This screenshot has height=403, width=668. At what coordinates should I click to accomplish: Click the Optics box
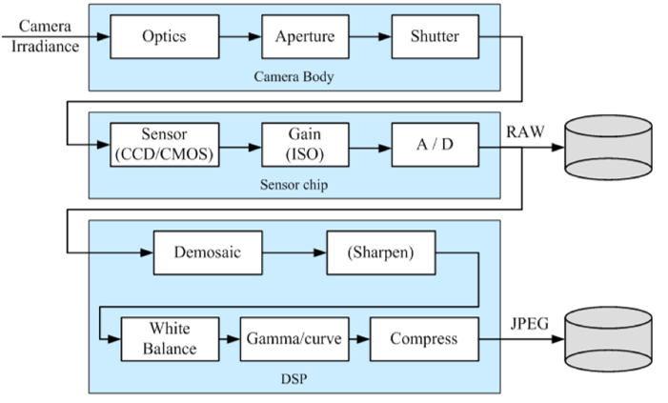tap(165, 37)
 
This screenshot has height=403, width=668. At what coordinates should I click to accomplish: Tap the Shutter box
tap(434, 37)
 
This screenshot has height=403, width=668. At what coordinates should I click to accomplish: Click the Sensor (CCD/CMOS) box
tap(165, 145)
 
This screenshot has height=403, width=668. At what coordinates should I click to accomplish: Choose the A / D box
tap(434, 145)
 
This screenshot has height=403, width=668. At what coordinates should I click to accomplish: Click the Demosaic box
tap(206, 252)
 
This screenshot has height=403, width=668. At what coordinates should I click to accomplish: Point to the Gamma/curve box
tap(294, 338)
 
